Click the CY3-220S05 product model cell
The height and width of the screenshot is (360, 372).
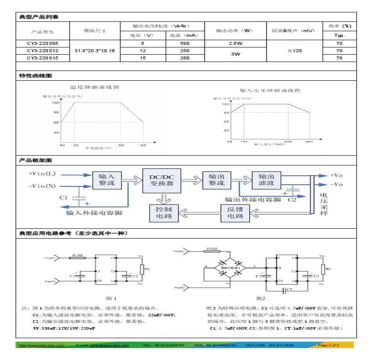42,44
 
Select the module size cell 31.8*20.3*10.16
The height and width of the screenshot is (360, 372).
94,50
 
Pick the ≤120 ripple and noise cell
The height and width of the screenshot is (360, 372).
294,50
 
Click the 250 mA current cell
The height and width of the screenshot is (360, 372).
184,50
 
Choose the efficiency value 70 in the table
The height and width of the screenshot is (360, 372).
340,44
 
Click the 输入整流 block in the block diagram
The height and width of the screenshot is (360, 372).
107,180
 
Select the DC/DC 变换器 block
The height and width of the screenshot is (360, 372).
161,180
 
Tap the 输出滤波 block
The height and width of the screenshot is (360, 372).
266,180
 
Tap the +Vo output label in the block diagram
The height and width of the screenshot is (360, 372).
336,175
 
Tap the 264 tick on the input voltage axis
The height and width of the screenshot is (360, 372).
309,141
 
